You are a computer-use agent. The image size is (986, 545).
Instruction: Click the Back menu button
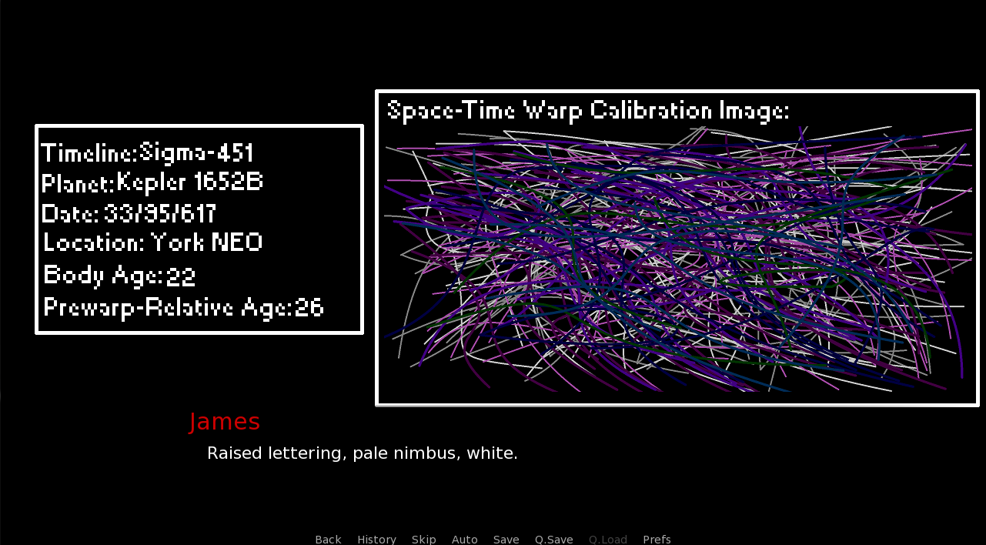click(328, 540)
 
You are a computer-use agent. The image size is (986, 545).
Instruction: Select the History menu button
click(376, 540)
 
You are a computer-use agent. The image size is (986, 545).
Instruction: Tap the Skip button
click(423, 540)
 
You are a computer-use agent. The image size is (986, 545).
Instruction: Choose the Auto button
click(464, 540)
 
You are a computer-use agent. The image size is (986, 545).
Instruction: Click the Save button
click(506, 540)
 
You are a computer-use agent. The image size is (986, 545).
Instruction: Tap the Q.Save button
click(553, 540)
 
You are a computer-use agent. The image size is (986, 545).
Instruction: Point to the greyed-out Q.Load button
click(608, 540)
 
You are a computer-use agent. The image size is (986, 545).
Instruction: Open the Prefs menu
click(657, 540)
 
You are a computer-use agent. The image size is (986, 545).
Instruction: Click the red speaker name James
click(225, 422)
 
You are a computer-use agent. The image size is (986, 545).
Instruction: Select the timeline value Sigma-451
click(196, 152)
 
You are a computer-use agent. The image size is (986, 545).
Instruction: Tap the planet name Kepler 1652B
click(189, 182)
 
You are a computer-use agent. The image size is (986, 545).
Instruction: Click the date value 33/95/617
click(160, 213)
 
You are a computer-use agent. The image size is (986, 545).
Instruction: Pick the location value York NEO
click(206, 242)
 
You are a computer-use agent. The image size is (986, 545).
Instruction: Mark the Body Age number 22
click(180, 277)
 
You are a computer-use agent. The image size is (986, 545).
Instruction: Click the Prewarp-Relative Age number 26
click(309, 307)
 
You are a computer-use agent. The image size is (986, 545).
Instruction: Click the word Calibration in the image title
click(650, 110)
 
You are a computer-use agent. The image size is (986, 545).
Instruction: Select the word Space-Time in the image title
click(451, 111)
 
